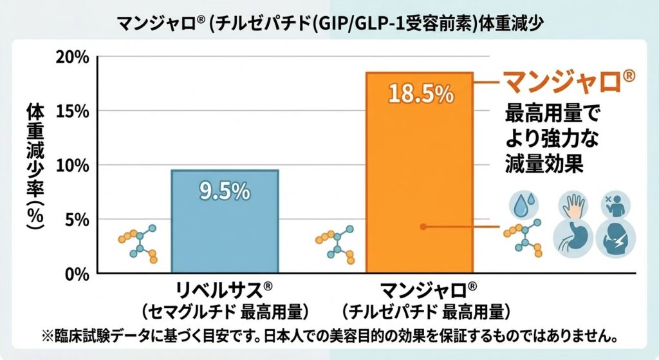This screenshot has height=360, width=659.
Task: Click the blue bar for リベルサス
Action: (224, 222)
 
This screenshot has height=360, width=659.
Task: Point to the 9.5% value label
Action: (224, 191)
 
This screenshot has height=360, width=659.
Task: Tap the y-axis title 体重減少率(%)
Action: (35, 165)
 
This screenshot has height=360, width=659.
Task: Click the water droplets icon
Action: (522, 205)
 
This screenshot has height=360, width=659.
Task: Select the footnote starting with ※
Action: (329, 337)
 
